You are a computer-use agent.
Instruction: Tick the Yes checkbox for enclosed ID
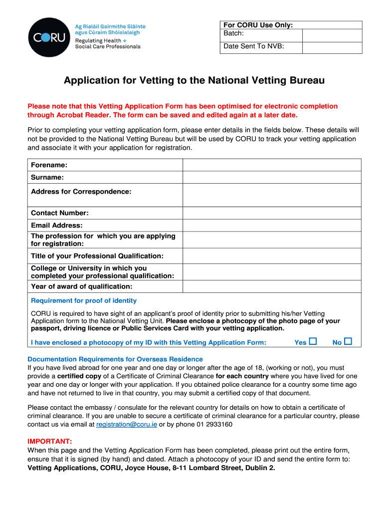(x=313, y=342)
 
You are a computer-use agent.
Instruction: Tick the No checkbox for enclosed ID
(x=348, y=342)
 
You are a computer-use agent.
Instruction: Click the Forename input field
(x=272, y=165)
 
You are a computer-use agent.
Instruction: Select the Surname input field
(x=272, y=177)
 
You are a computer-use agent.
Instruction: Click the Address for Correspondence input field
(x=272, y=195)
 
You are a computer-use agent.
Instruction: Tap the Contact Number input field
(x=272, y=213)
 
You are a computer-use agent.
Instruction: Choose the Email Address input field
(x=272, y=226)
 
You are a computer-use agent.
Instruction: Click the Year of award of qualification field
(x=272, y=286)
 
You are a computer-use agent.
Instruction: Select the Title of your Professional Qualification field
(x=272, y=256)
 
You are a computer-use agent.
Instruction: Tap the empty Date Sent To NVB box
(x=332, y=47)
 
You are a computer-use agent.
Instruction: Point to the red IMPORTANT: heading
(x=50, y=442)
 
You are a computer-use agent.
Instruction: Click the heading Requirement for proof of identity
(x=84, y=301)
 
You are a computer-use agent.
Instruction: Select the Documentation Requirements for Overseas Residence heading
(x=115, y=359)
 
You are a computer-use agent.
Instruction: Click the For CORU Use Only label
(x=258, y=25)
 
